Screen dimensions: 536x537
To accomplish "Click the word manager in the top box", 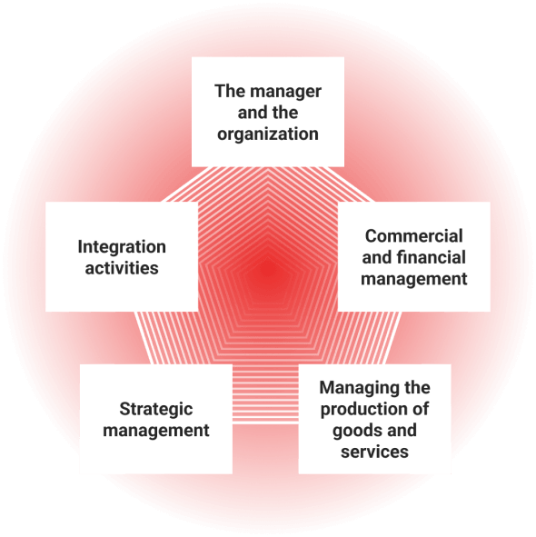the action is point(285,92).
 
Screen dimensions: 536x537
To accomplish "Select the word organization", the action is point(268,134).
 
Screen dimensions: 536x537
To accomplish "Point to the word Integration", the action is point(122,247).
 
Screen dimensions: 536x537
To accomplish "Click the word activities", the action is point(122,268).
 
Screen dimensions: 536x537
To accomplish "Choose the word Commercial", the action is point(413,236).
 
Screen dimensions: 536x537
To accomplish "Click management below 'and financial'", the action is point(413,279).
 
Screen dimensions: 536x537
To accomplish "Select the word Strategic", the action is point(156,410).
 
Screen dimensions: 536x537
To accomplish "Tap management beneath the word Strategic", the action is point(156,431).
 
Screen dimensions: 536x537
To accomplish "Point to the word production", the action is point(362,410).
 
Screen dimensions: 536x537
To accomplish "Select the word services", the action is point(374,452).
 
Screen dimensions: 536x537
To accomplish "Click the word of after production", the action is point(418,409).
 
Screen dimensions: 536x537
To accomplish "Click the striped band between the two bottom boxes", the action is point(265,393).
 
